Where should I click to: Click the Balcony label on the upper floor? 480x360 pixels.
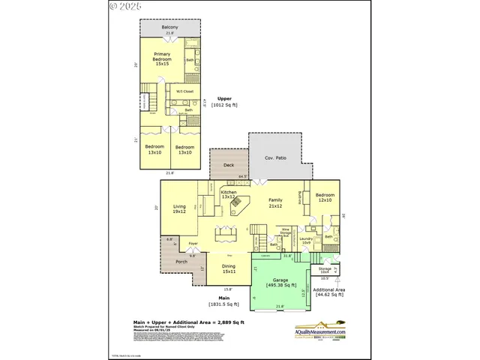click(169, 28)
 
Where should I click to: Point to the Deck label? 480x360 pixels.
click(229, 165)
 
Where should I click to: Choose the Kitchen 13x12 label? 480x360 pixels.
click(228, 194)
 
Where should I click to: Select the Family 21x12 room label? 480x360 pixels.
click(276, 202)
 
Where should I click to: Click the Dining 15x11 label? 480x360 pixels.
click(229, 268)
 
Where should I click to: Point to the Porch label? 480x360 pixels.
click(181, 262)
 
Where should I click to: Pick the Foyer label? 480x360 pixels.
click(193, 244)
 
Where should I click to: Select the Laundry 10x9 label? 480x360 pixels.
click(306, 241)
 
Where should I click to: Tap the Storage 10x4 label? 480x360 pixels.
click(325, 269)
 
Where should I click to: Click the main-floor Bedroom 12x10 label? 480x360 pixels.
click(325, 196)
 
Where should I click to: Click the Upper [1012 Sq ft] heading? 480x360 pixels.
click(224, 103)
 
